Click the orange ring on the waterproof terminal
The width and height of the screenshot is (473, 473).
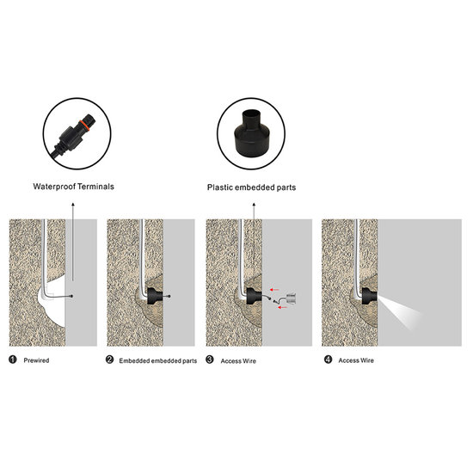pyautogui.click(x=84, y=126)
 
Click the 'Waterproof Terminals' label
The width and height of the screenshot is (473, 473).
pyautogui.click(x=74, y=187)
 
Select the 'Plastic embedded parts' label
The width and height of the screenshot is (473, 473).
pyautogui.click(x=251, y=187)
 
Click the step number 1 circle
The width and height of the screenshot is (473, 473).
pyautogui.click(x=13, y=359)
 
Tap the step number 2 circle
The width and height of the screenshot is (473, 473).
pyautogui.click(x=109, y=359)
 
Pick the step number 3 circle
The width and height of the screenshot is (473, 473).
pyautogui.click(x=209, y=359)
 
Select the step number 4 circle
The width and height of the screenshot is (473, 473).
pyautogui.click(x=328, y=359)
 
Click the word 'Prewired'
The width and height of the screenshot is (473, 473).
pyautogui.click(x=36, y=360)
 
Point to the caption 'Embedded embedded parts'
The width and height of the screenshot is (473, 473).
pyautogui.click(x=157, y=361)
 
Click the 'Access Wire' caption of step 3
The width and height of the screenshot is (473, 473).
pyautogui.click(x=238, y=361)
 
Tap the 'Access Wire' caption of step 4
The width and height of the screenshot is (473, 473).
pyautogui.click(x=356, y=360)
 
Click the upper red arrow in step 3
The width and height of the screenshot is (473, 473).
pyautogui.click(x=274, y=290)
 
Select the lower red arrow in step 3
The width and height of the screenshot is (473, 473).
pyautogui.click(x=282, y=307)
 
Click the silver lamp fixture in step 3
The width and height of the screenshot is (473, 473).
pyautogui.click(x=291, y=298)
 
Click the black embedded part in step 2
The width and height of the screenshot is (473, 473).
pyautogui.click(x=155, y=296)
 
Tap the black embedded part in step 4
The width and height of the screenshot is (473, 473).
pyautogui.click(x=370, y=296)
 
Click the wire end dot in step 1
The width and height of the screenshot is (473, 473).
pyautogui.click(x=71, y=296)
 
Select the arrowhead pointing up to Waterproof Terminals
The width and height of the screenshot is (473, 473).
pyautogui.click(x=73, y=205)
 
